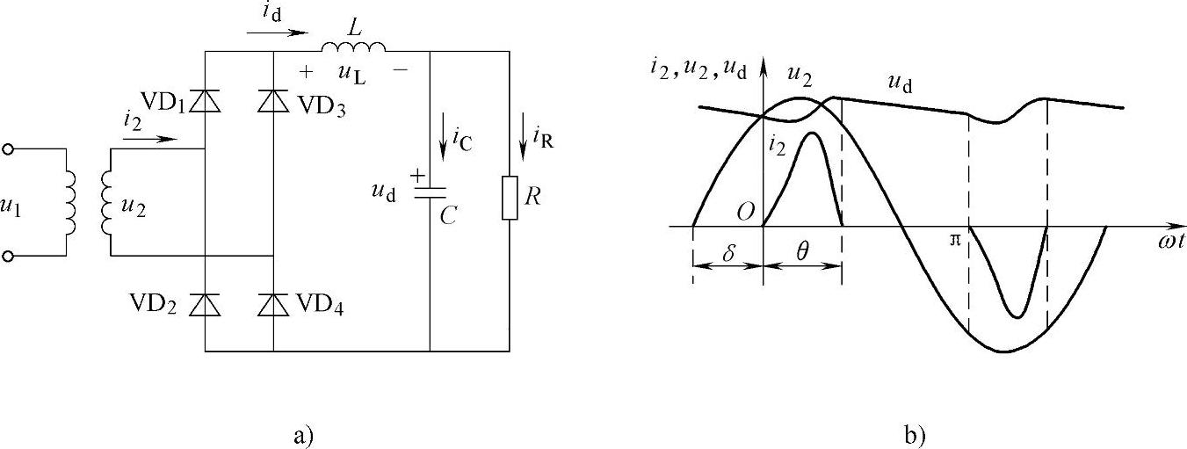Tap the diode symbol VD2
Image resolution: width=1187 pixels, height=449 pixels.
click(205, 304)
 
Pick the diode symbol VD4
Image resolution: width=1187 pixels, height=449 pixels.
click(273, 304)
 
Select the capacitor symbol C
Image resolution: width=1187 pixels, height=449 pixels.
click(430, 192)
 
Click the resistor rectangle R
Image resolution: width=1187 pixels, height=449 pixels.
click(510, 198)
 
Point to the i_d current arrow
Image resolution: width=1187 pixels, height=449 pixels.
click(278, 33)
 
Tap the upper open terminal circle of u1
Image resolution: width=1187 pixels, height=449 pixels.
click(9, 149)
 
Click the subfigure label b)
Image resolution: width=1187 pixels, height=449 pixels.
click(914, 434)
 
